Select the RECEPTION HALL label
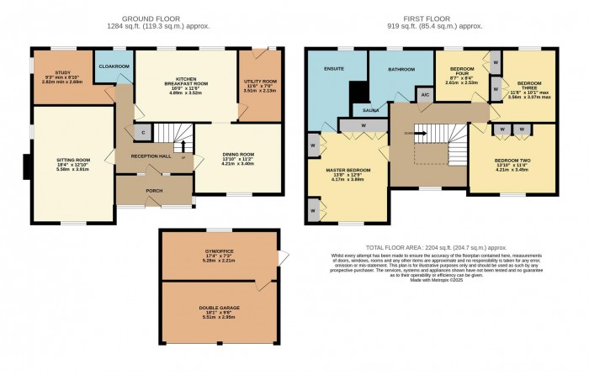(x=150, y=156)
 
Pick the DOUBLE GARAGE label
(x=218, y=309)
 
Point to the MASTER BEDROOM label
(x=348, y=171)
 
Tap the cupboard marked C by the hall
(x=144, y=132)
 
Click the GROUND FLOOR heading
(x=149, y=18)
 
